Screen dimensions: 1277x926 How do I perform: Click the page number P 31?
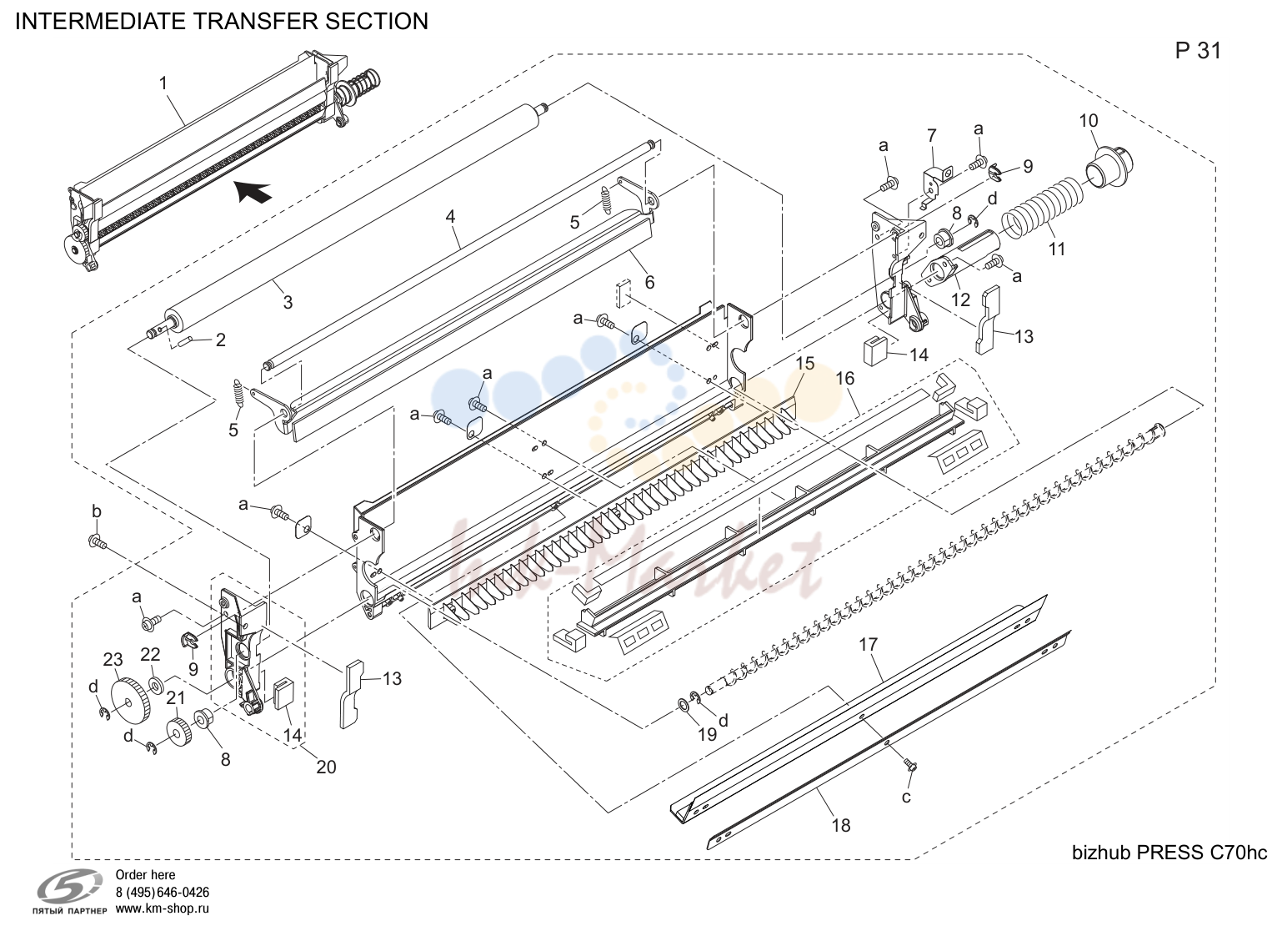click(1198, 51)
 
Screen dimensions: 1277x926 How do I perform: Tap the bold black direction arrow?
click(253, 191)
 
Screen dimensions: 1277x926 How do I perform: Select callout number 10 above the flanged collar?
click(1089, 121)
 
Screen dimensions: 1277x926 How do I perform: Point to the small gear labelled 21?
click(178, 732)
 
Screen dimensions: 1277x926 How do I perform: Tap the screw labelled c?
click(910, 766)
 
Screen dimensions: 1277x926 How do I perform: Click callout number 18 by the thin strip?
click(841, 826)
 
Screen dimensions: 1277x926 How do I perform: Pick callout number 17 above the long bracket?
click(868, 645)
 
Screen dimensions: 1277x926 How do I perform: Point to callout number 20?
click(326, 767)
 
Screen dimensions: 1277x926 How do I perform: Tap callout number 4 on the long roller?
click(450, 217)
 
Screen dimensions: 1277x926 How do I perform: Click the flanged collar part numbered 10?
click(1108, 165)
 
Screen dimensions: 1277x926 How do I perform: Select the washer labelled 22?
click(154, 683)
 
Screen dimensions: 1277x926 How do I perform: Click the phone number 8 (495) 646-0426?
click(163, 892)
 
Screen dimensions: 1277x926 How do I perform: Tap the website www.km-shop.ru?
click(163, 908)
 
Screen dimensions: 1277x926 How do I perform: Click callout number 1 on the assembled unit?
click(163, 83)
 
